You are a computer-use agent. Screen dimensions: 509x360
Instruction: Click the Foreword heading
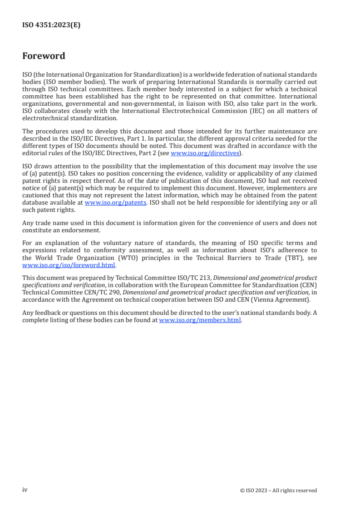click(x=44, y=56)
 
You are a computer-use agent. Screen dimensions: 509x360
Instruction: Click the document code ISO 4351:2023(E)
click(x=51, y=25)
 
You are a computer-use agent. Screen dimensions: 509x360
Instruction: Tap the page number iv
click(x=25, y=490)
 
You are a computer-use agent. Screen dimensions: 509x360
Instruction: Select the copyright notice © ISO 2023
click(x=278, y=490)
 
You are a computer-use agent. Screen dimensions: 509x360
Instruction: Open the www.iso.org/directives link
click(x=205, y=153)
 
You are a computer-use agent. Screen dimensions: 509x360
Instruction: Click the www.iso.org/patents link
click(x=115, y=203)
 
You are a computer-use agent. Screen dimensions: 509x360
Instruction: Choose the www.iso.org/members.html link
click(x=200, y=320)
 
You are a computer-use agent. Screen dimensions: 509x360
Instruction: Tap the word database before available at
click(x=36, y=203)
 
